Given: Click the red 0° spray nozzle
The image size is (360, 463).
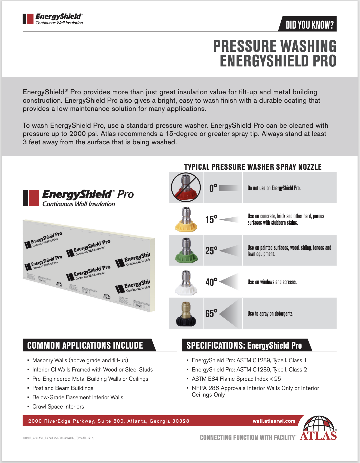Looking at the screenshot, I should coord(186,188).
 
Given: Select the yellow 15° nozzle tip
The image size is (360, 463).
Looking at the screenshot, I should coord(186,220).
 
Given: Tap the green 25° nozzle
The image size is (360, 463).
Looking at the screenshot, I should coord(186,251).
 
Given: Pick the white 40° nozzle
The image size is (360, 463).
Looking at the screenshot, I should coord(186,283).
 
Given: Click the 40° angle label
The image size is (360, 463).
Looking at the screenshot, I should coord(211,282).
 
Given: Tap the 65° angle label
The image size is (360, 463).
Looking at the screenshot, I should coord(211,313).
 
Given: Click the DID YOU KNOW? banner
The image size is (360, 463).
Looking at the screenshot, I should coord(309,25).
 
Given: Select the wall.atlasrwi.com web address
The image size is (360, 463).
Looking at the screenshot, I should coord(274,421).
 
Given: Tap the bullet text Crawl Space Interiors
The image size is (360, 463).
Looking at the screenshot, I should coord(58,407).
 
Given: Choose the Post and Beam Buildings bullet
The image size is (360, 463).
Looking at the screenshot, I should coord(63,388).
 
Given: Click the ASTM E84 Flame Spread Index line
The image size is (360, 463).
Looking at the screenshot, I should coord(236,379).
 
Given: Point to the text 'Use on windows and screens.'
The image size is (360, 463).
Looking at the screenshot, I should coord(272,282).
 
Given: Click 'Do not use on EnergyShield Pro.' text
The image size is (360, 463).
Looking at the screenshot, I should coord(274,188).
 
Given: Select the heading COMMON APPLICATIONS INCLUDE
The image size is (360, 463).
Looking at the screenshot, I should coord(85,345).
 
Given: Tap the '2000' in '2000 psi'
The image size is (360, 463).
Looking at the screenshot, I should coord(78,134).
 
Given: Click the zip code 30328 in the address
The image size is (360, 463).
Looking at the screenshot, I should coord(180,421).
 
